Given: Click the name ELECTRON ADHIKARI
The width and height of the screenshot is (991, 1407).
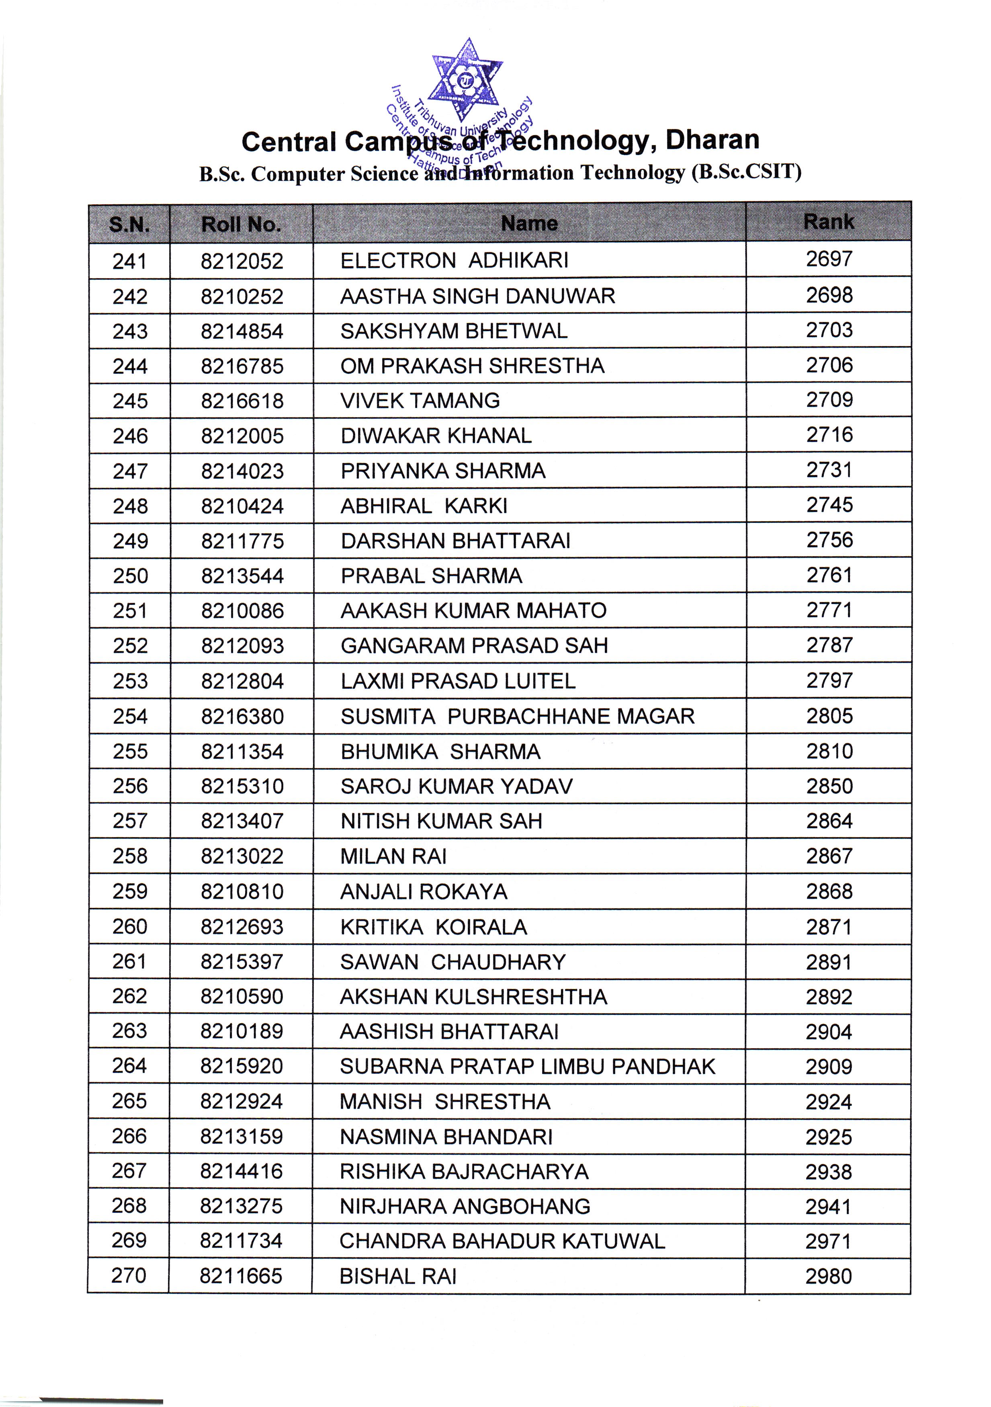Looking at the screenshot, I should (x=454, y=260).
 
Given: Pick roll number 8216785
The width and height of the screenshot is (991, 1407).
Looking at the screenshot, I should (x=242, y=367).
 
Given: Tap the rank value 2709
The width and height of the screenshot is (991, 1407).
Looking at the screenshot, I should (x=829, y=399).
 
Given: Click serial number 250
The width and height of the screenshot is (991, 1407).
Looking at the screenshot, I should (x=130, y=576).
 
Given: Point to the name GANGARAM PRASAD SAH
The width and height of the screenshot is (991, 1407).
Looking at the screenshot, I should (x=474, y=645).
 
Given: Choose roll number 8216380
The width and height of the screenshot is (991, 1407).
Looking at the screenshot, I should (x=242, y=717).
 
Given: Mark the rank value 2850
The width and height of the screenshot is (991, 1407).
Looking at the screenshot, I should (x=829, y=786).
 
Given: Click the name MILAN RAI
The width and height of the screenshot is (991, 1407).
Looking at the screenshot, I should (x=393, y=856).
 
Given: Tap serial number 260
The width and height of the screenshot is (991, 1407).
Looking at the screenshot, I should (x=129, y=927).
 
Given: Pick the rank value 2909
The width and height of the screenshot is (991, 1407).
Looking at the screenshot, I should (x=829, y=1067).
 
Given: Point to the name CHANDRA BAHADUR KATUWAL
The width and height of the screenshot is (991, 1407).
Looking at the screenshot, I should (x=502, y=1241).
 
